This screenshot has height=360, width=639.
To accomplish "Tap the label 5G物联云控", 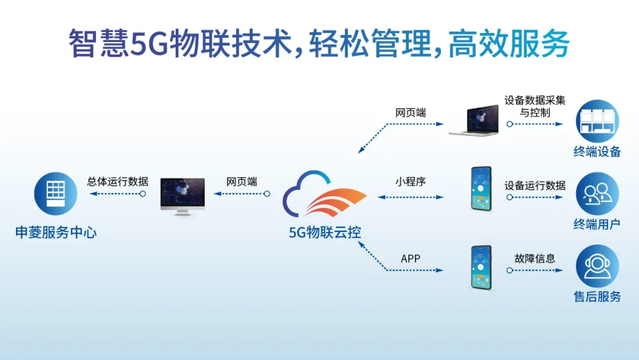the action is click(x=325, y=232).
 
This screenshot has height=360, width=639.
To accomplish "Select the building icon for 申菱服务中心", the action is click(x=56, y=194).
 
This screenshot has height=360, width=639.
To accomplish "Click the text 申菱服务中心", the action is click(x=56, y=232).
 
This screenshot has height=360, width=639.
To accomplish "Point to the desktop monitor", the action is click(x=183, y=197).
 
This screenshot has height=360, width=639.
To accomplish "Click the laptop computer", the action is click(x=475, y=120).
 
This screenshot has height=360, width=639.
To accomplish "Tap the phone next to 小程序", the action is click(x=481, y=188).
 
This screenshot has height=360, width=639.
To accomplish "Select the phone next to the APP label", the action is click(x=481, y=268).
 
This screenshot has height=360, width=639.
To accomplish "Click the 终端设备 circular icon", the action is click(x=597, y=121).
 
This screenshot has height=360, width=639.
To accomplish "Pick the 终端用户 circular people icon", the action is click(x=597, y=194).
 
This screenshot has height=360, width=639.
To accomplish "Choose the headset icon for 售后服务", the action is click(x=597, y=266).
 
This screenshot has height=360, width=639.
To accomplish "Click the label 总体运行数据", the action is click(x=118, y=181).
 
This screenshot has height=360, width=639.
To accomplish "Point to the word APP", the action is click(x=411, y=259).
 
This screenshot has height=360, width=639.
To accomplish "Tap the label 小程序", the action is click(x=411, y=181).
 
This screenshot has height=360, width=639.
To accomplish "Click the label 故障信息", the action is click(x=535, y=259).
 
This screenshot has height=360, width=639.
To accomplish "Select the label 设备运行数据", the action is click(x=535, y=185).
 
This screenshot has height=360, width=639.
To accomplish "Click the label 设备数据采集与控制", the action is click(x=535, y=107).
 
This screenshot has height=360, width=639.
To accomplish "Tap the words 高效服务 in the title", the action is click(x=509, y=43).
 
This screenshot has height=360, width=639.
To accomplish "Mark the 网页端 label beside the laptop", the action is click(x=411, y=112).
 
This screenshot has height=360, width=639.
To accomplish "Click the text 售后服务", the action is click(x=597, y=297).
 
